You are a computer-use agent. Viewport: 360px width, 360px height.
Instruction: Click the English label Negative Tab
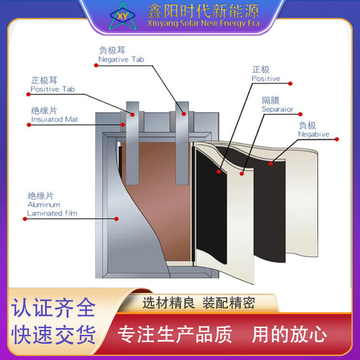click(121, 59)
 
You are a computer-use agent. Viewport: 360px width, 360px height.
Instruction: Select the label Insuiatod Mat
click(54, 120)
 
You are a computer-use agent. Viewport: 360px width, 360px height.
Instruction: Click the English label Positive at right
click(265, 79)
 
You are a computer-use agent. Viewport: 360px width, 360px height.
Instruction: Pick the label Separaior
click(277, 109)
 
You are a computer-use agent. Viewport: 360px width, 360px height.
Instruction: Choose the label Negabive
click(313, 134)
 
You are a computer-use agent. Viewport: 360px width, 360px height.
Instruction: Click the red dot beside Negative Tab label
click(96, 65)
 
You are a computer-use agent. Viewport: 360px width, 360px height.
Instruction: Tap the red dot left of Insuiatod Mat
click(29, 125)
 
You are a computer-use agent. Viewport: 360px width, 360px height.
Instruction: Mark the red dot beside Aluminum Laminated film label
click(24, 219)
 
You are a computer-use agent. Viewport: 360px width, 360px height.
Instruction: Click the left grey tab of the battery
click(132, 144)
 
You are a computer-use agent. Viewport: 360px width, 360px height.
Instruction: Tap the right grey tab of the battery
click(182, 144)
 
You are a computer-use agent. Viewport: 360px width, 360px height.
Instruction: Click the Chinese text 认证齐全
click(54, 308)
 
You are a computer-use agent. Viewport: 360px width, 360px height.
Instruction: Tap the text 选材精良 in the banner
click(168, 303)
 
